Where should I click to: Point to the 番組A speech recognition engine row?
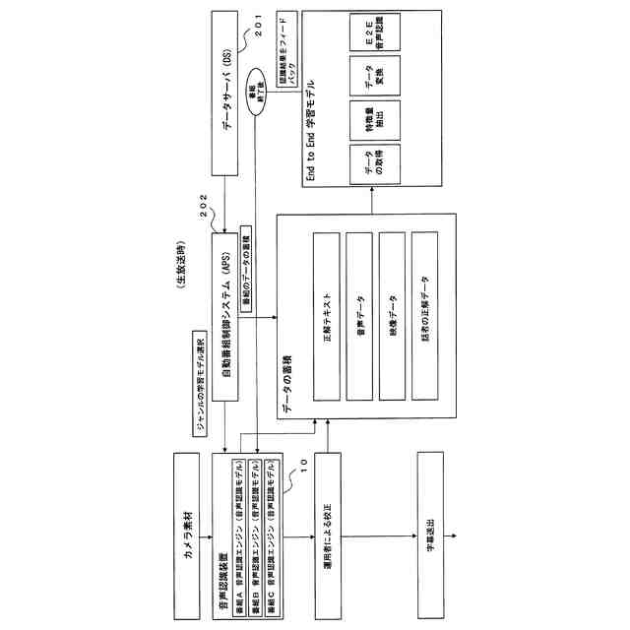pyautogui.click(x=237, y=519)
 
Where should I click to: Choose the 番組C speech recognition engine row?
pyautogui.click(x=271, y=519)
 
